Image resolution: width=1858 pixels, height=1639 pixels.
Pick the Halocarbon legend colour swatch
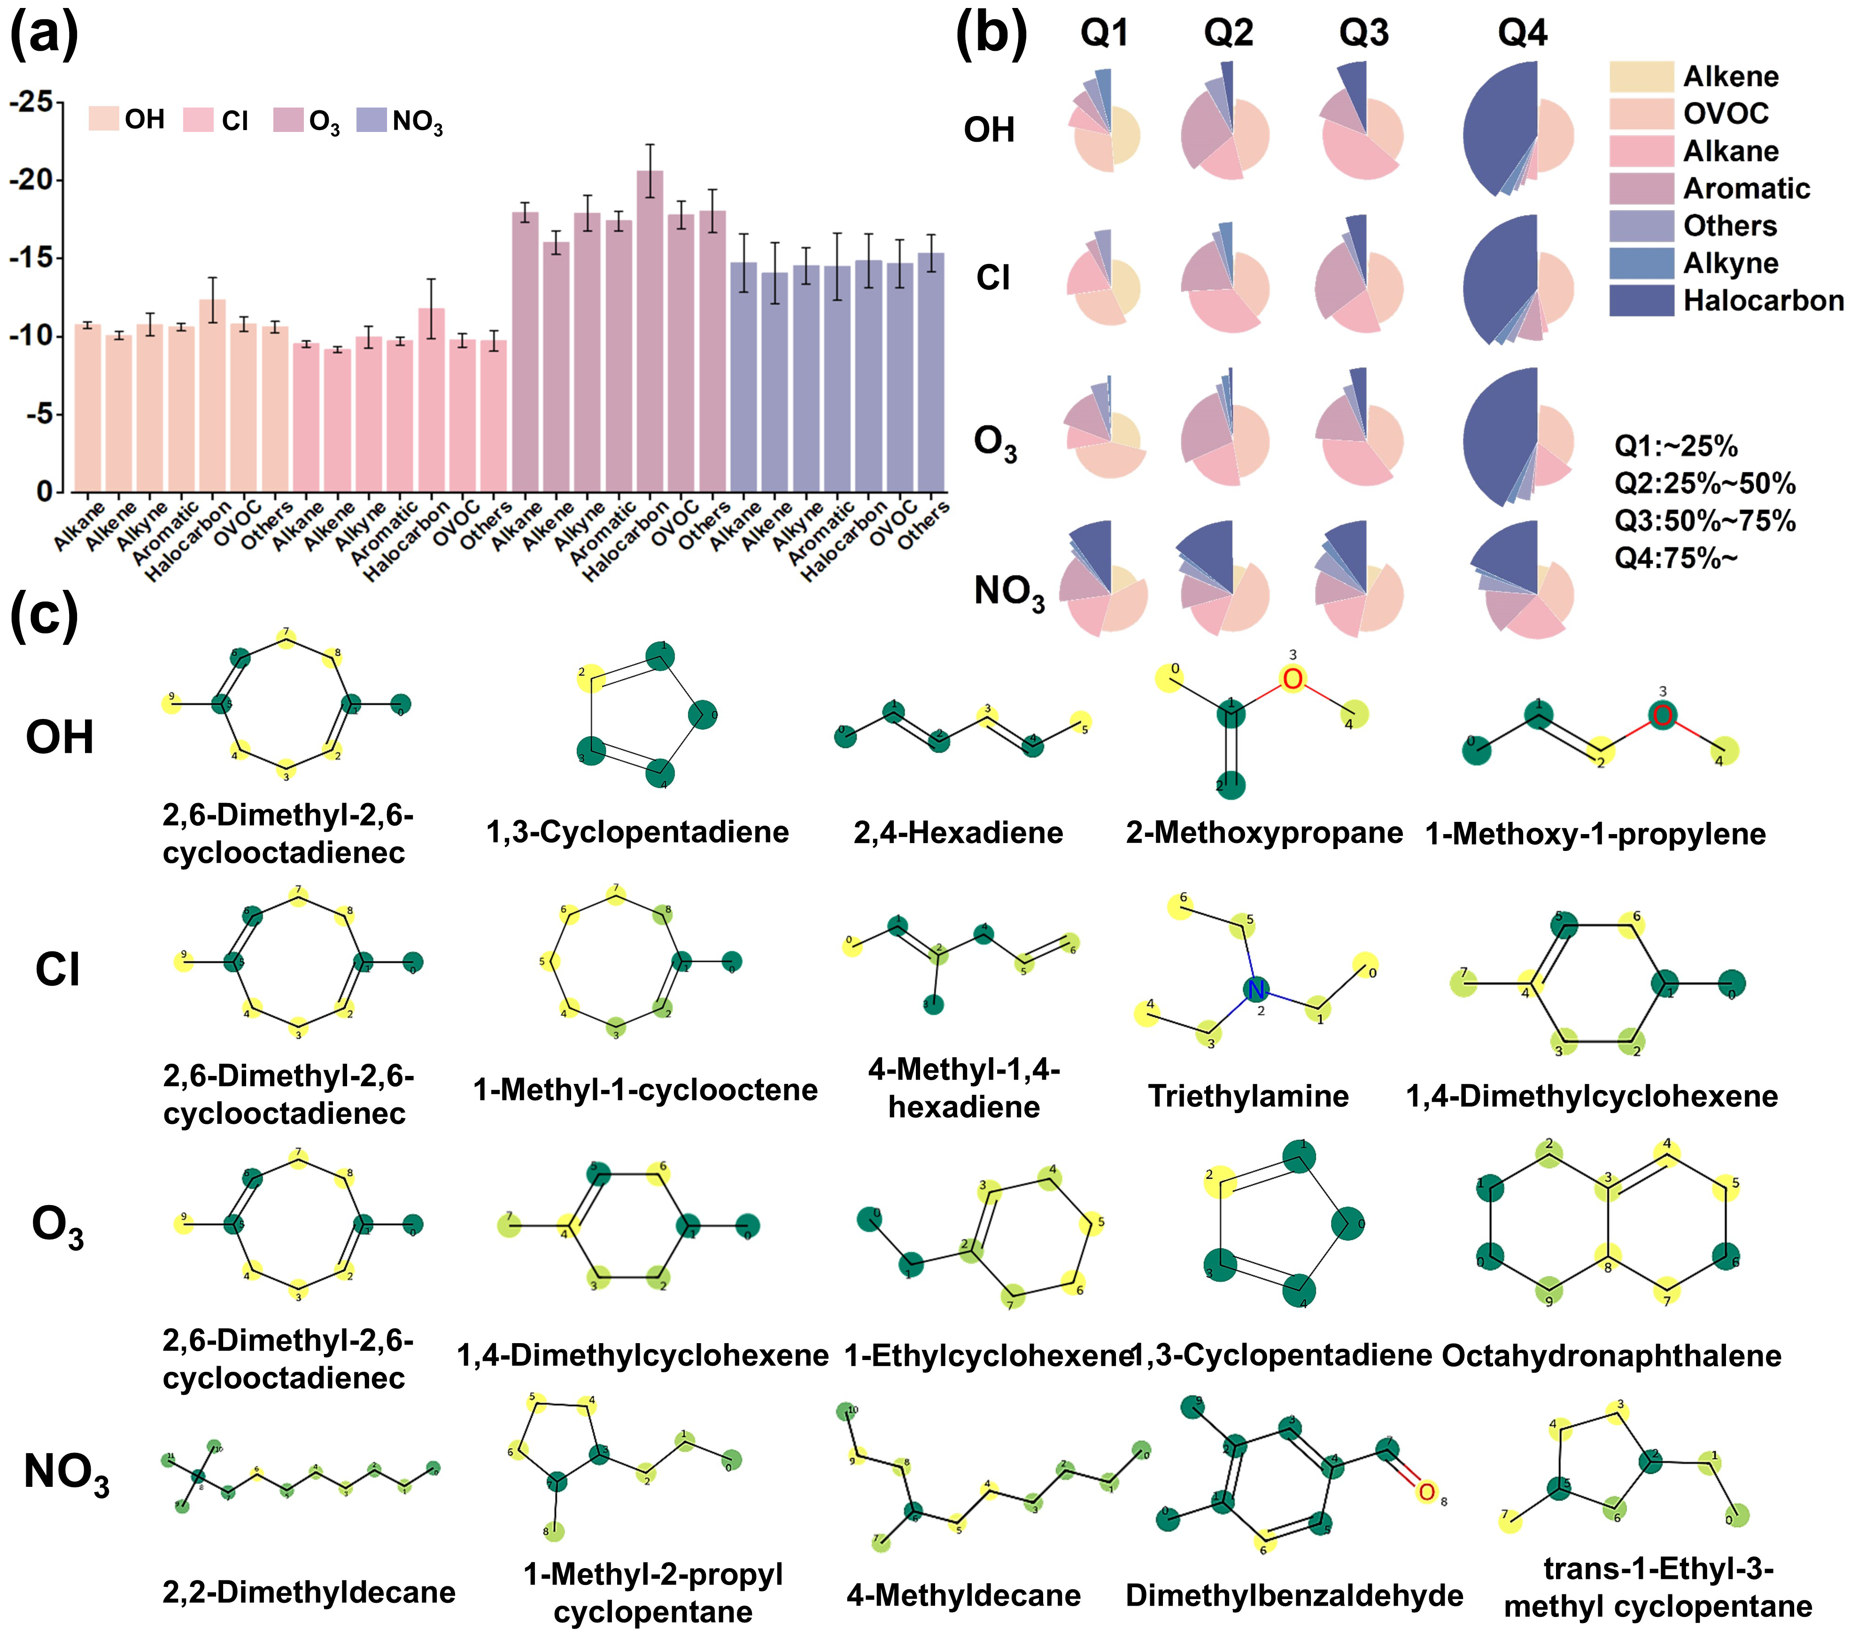click(1641, 300)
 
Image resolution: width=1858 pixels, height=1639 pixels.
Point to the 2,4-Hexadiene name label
click(958, 833)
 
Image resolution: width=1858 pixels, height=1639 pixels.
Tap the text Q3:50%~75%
click(1704, 521)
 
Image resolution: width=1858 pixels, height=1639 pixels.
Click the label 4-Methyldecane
click(964, 1595)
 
